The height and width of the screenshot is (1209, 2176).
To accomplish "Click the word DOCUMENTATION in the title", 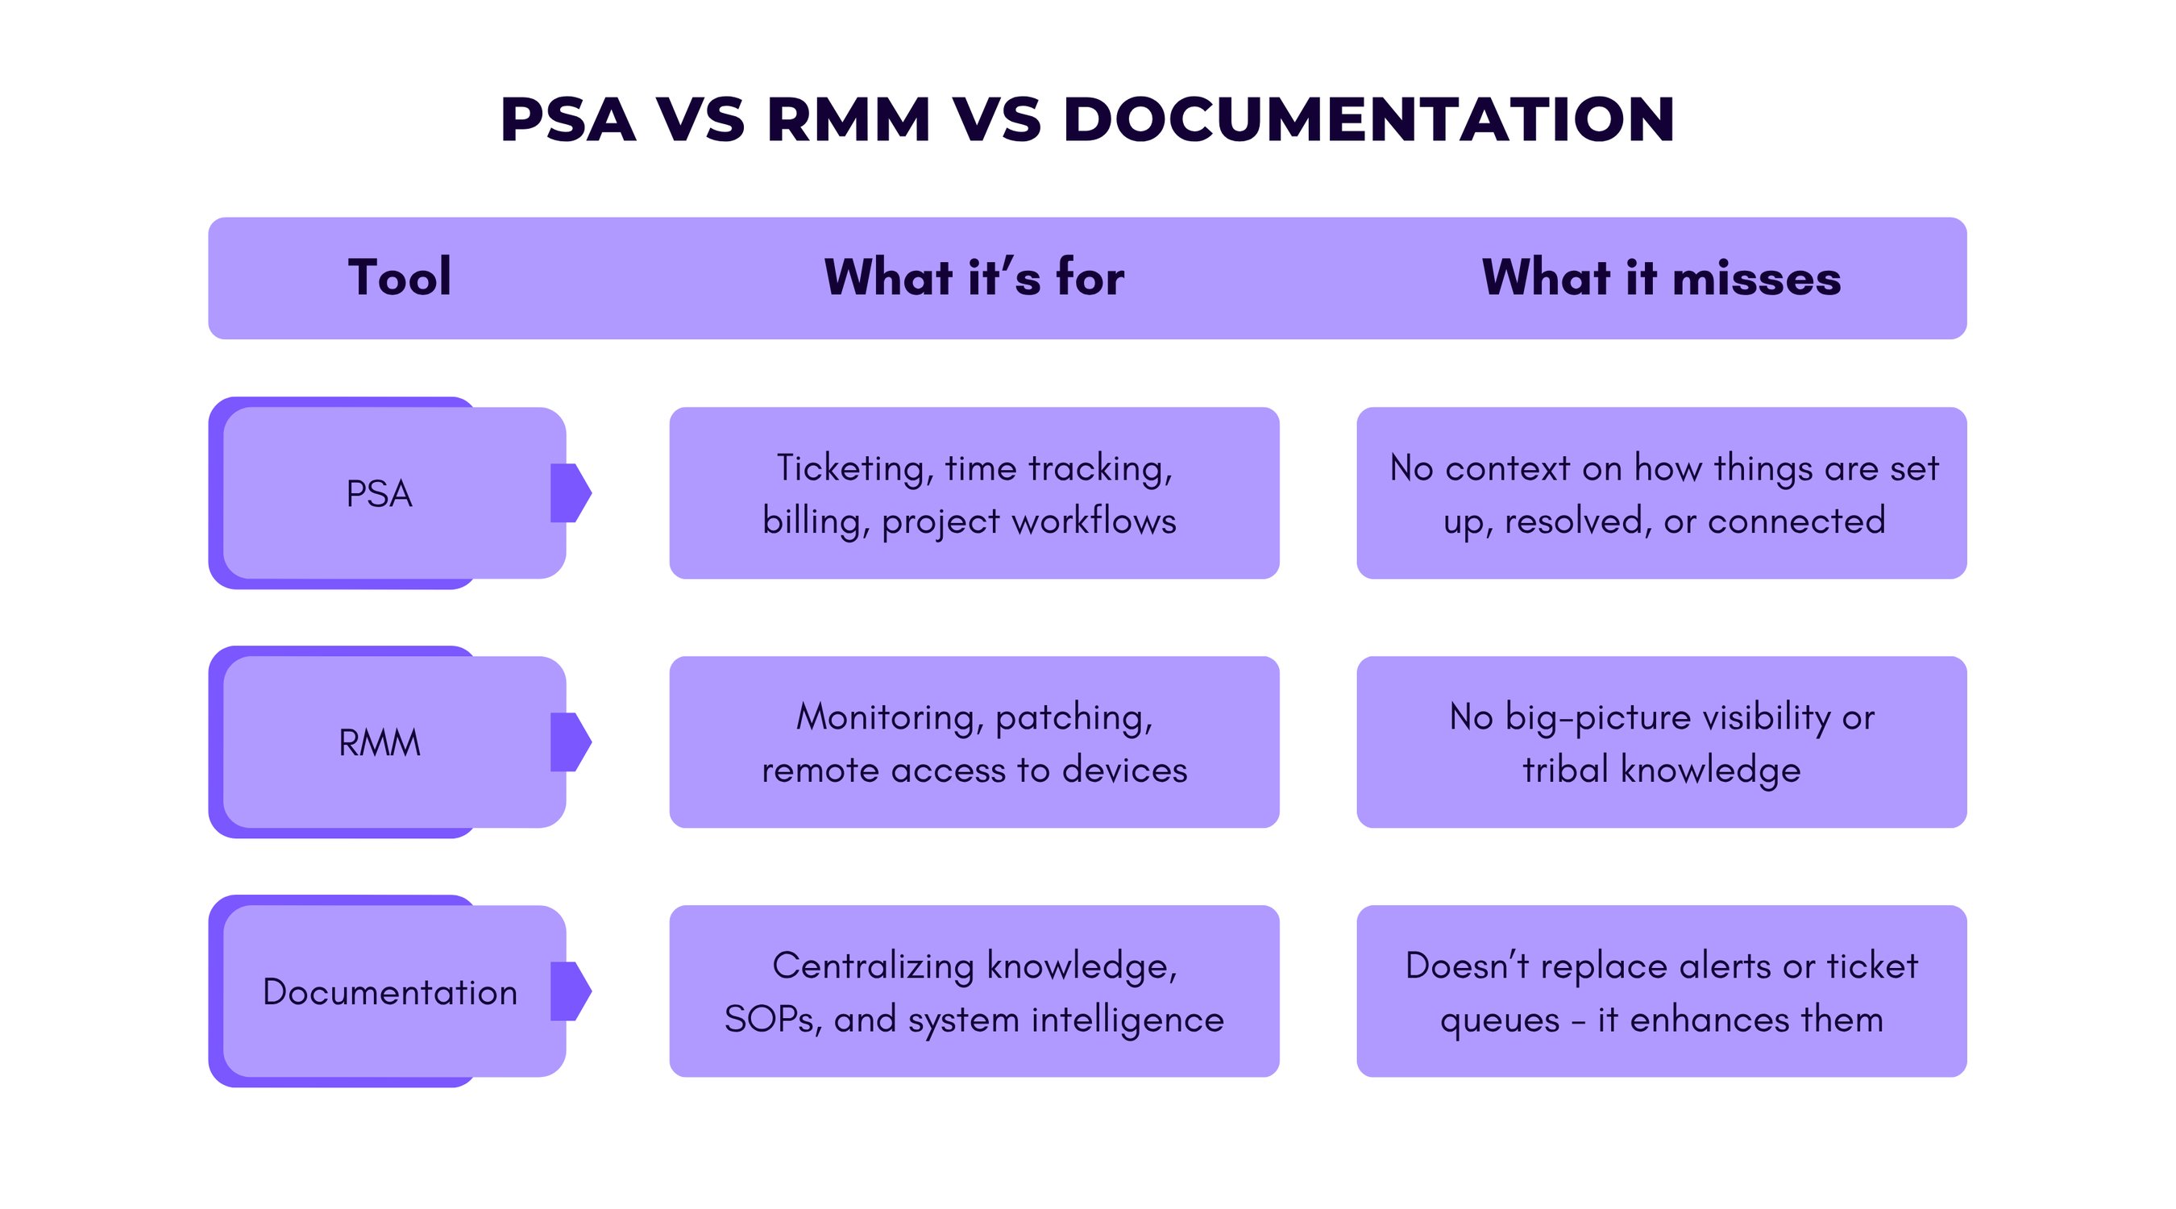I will [x=1368, y=119].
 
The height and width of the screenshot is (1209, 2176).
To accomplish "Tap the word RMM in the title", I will [x=848, y=119].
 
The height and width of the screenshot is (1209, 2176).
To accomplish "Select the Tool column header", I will [x=400, y=277].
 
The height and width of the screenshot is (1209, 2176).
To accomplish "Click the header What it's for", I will [x=974, y=277].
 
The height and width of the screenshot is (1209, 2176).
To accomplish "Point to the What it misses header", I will [x=1661, y=277].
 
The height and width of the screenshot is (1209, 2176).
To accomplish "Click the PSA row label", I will [x=380, y=493].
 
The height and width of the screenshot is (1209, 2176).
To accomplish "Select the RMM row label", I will [x=380, y=742].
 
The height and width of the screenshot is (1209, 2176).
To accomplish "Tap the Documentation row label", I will [x=389, y=992].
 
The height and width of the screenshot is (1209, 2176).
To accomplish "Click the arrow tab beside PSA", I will [x=570, y=492].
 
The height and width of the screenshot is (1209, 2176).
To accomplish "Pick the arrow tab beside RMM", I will [x=570, y=742].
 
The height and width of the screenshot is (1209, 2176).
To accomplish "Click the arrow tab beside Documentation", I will [x=570, y=991].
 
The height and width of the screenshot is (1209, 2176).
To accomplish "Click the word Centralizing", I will [x=874, y=966].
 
